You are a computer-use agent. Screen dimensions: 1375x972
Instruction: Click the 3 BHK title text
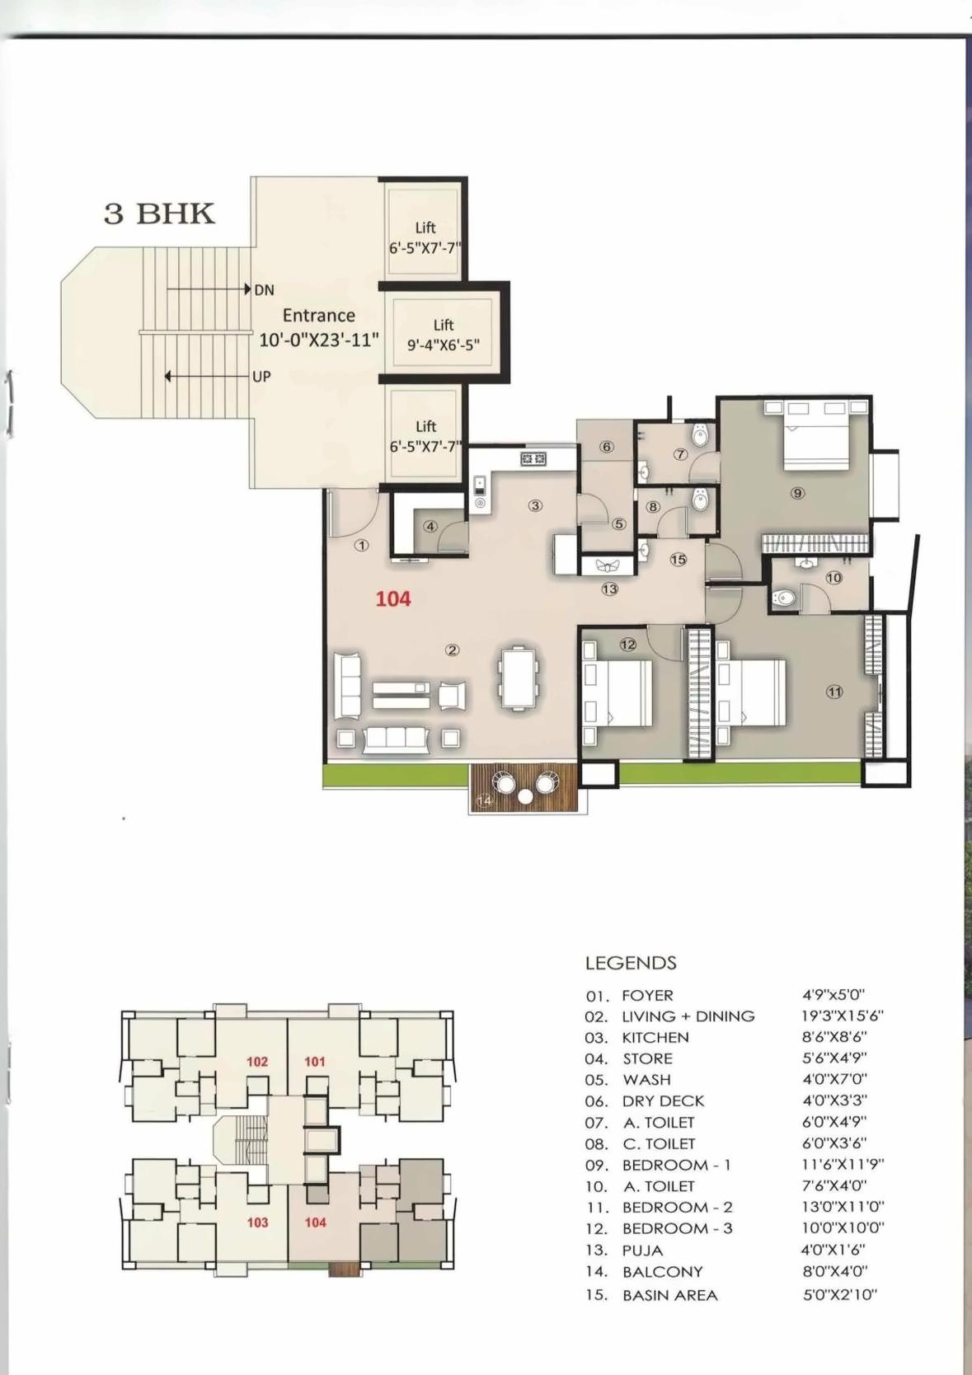pos(158,213)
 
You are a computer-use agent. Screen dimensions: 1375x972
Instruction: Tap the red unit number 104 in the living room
pos(392,598)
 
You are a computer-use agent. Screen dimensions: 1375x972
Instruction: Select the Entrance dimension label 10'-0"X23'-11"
pos(319,339)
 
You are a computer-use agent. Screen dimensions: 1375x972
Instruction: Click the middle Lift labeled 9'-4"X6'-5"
pos(444,335)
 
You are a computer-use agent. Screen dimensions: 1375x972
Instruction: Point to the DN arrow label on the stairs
pos(264,290)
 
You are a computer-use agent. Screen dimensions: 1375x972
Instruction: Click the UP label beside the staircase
pos(261,377)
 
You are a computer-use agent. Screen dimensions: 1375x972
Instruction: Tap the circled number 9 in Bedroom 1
pos(796,493)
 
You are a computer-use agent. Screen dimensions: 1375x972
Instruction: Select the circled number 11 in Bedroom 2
pos(833,692)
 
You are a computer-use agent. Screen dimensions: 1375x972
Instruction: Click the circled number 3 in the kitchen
pos(535,505)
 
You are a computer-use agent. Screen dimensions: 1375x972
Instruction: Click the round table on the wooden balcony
pos(525,796)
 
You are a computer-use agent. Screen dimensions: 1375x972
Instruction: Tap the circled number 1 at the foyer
pos(361,545)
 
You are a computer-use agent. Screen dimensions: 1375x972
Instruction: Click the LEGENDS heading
pos(631,963)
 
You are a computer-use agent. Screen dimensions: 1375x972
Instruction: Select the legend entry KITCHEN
pos(655,1037)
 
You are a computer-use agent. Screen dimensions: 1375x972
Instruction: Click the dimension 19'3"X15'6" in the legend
pos(843,1016)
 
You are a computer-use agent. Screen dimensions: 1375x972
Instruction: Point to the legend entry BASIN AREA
pos(669,1295)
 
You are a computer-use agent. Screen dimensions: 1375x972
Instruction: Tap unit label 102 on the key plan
pos(257,1062)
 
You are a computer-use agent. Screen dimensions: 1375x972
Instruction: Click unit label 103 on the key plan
pos(257,1222)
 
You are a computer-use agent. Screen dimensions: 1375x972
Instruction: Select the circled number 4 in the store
pos(430,526)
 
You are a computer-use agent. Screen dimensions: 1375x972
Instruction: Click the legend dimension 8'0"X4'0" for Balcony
pos(834,1271)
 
